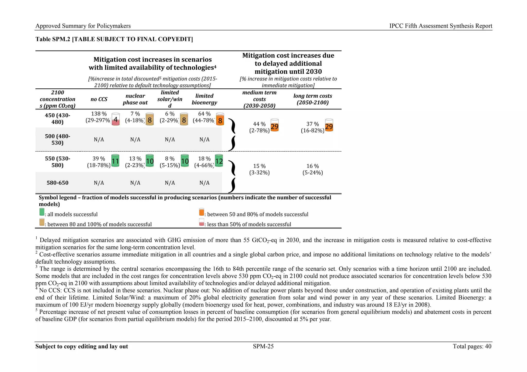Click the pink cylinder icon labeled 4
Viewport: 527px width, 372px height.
pos(116,119)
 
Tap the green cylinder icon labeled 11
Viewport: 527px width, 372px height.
pos(115,161)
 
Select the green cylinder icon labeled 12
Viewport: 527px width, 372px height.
pos(219,161)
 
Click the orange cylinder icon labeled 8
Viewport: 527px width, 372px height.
pos(220,119)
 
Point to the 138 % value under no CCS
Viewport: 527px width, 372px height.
pos(99,114)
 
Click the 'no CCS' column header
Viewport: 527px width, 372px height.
pos(99,99)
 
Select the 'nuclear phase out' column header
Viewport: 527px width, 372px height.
pos(135,99)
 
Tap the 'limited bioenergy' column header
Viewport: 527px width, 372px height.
pos(204,99)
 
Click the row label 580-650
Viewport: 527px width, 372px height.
pos(57,183)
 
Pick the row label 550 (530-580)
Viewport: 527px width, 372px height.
pos(57,162)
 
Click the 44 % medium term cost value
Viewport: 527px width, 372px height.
pos(259,124)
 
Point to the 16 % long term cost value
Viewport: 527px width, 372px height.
pos(312,166)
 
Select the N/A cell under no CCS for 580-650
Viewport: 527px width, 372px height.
pos(99,183)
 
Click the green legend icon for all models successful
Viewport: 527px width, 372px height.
pos(42,212)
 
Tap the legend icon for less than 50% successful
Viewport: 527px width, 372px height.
pos(201,222)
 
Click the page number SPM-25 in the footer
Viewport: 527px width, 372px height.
pos(263,346)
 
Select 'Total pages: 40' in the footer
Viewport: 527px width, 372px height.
pos(472,346)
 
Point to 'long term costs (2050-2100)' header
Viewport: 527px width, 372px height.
pos(312,99)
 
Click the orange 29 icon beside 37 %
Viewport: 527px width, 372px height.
pos(329,125)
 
